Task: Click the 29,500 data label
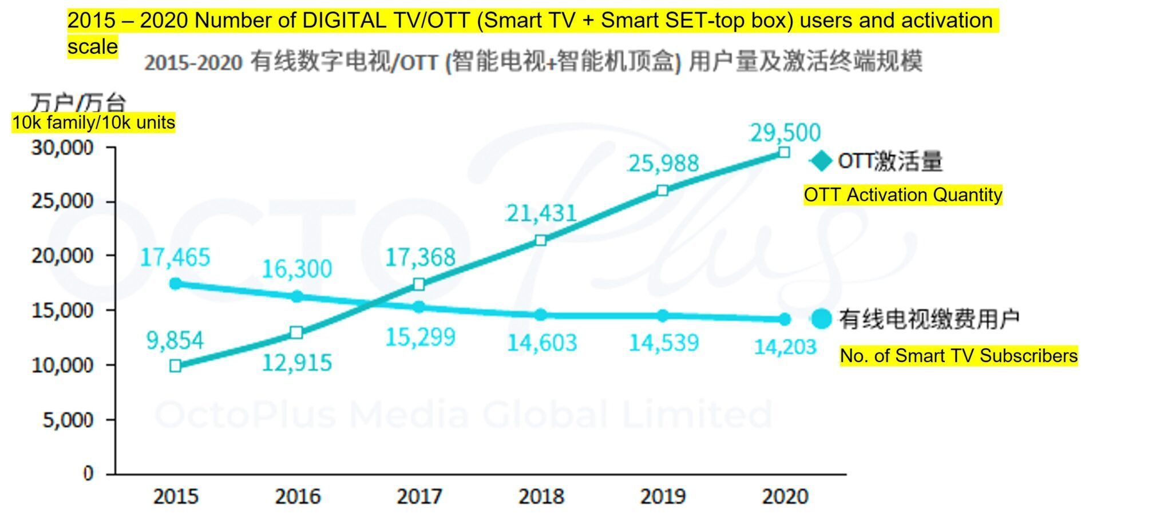click(x=785, y=133)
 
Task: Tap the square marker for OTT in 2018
click(x=540, y=240)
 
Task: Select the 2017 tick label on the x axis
click(x=419, y=496)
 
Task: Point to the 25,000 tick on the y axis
click(x=62, y=201)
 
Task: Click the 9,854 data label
click(x=175, y=341)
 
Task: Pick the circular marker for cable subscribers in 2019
click(x=663, y=316)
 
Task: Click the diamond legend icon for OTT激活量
click(x=821, y=161)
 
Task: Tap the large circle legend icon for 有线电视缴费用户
click(x=821, y=319)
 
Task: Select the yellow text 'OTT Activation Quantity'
click(x=902, y=195)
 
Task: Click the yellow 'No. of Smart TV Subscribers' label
click(x=958, y=356)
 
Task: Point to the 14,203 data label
click(x=785, y=347)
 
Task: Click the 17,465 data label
click(x=175, y=257)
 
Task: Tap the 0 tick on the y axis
click(x=88, y=474)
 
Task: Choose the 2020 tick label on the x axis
click(x=785, y=496)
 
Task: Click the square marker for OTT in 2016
click(x=296, y=332)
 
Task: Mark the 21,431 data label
click(x=541, y=213)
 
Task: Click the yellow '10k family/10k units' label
click(x=94, y=123)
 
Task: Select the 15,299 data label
click(x=420, y=337)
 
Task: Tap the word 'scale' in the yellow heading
click(x=92, y=46)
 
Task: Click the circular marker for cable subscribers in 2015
click(x=176, y=284)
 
